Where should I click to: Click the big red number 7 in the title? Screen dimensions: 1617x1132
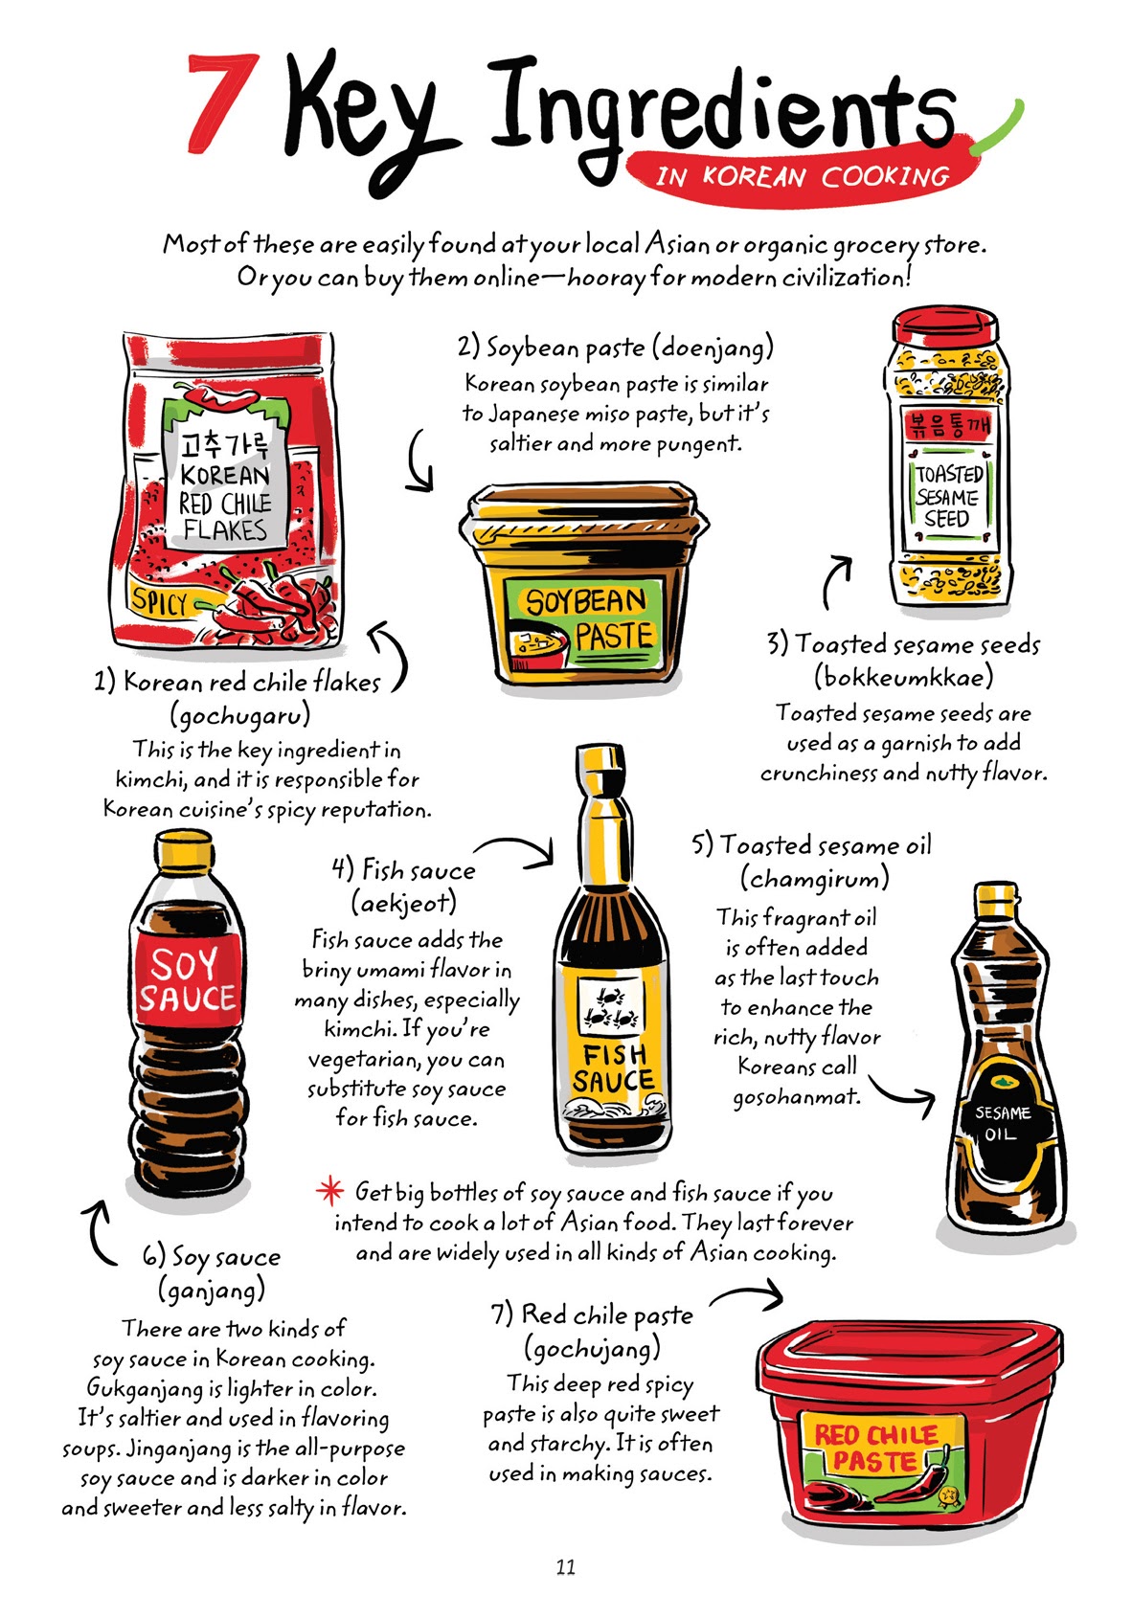coord(222,102)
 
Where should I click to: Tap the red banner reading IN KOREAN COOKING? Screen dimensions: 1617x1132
coord(803,176)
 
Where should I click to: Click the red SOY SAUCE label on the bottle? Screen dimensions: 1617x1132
coord(188,981)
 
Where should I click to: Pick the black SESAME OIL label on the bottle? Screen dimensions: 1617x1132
coord(1003,1123)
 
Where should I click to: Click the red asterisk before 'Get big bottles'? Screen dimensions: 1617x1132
coord(329,1192)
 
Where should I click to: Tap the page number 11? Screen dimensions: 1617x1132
coord(565,1567)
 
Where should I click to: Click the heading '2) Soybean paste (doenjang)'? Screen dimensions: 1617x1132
coord(615,347)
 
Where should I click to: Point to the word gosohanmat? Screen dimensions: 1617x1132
coord(796,1097)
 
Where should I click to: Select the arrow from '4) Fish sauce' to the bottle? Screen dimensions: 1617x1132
coord(517,849)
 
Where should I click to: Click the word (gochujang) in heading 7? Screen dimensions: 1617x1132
coord(592,1349)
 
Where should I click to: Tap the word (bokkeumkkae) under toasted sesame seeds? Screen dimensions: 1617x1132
coord(903,678)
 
